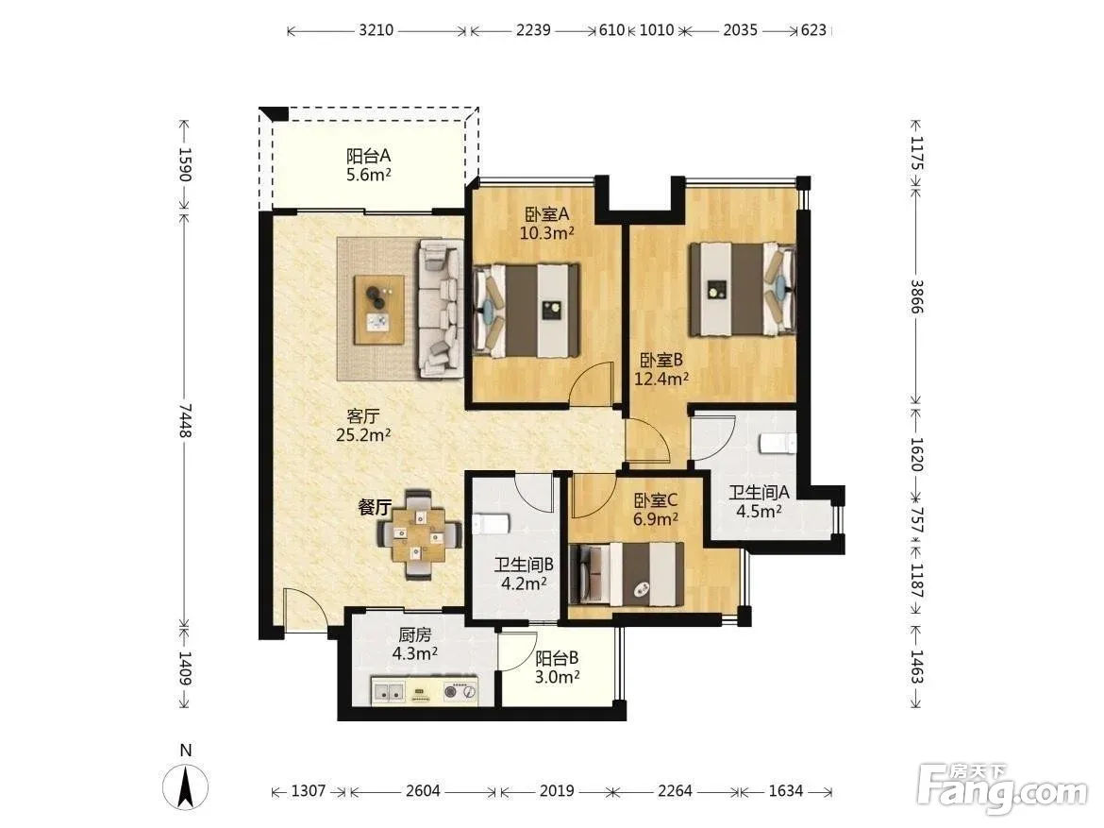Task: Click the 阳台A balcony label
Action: [368, 156]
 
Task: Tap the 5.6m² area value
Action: [368, 175]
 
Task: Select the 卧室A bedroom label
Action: [546, 213]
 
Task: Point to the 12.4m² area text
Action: [661, 380]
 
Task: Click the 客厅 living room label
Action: [362, 416]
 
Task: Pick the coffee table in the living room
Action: [379, 310]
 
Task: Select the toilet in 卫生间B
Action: [491, 524]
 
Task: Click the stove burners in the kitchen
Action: [460, 691]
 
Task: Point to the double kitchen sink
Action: [389, 691]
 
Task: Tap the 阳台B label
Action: [557, 658]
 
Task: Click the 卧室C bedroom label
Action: [656, 500]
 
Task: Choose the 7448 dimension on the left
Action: [185, 420]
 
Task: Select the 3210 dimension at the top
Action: [376, 30]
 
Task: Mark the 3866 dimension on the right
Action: [916, 296]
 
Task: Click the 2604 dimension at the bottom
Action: [423, 790]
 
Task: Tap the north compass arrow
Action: [186, 786]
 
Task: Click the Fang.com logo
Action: [1004, 790]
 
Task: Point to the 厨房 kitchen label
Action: [414, 634]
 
